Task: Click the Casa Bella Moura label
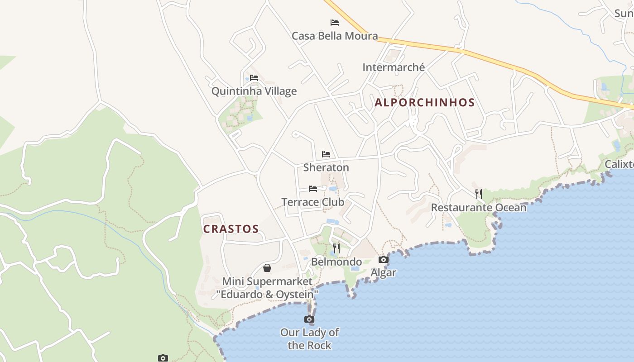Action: [335, 36]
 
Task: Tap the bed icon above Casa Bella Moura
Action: [335, 22]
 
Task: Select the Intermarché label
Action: [394, 67]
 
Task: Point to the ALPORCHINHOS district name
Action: [425, 102]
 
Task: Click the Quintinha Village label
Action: [254, 91]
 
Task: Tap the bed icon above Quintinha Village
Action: [254, 77]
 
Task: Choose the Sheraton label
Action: [326, 167]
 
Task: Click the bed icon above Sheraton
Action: [326, 154]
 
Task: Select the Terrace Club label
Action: [313, 202]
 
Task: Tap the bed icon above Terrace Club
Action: [313, 188]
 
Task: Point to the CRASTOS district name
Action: [231, 229]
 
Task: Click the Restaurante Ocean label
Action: [479, 208]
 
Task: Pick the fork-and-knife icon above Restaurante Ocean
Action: [479, 194]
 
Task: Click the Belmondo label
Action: [336, 262]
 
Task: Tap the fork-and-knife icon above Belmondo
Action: [336, 248]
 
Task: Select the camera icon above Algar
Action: [384, 259]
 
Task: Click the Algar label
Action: [384, 272]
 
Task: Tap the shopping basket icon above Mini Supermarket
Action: [267, 268]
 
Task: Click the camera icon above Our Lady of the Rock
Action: [309, 319]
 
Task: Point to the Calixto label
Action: [620, 164]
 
